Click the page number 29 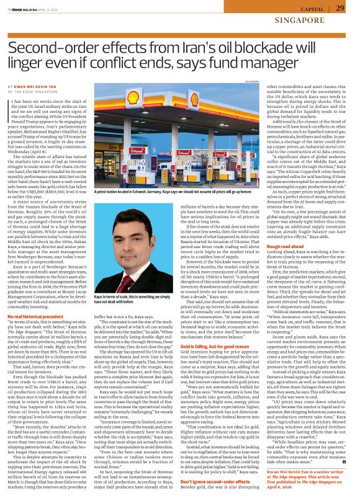(x=340, y=7)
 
